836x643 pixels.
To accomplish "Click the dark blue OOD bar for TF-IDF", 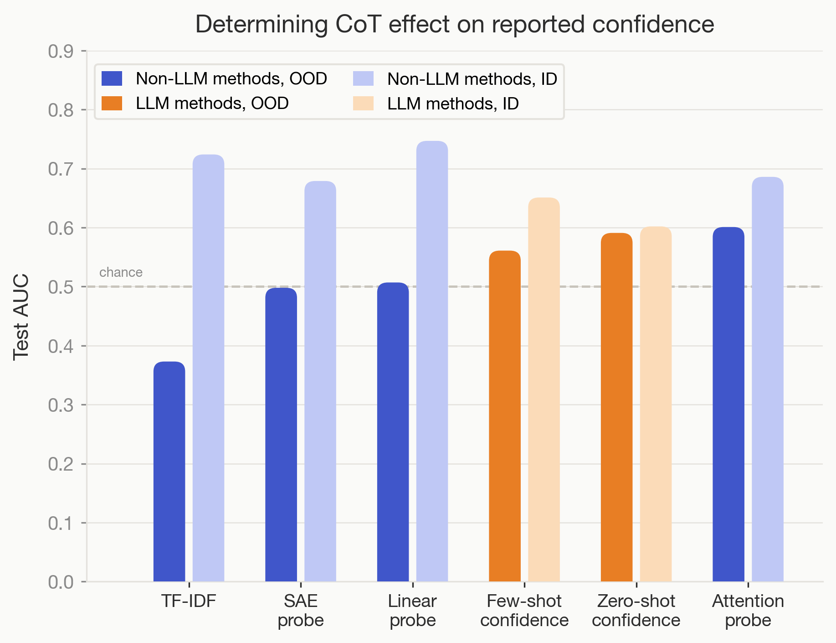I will click(x=169, y=472).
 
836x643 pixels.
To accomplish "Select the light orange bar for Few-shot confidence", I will click(x=544, y=389).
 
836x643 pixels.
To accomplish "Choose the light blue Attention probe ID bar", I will click(x=768, y=379).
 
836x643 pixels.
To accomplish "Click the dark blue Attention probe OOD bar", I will click(x=728, y=404).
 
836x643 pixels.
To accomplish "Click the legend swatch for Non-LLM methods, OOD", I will click(x=112, y=78).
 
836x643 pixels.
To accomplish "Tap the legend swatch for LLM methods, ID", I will click(x=363, y=104).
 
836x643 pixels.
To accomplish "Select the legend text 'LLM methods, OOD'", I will click(x=212, y=104).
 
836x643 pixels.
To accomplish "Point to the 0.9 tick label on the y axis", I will click(x=61, y=52).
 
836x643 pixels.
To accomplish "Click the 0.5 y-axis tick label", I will click(x=61, y=287).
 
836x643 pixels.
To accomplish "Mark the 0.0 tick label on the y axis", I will click(x=61, y=582).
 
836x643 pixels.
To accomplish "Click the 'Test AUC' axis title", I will click(x=21, y=317).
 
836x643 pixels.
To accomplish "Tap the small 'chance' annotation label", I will click(x=121, y=272).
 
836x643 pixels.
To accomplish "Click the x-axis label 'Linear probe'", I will click(x=412, y=611).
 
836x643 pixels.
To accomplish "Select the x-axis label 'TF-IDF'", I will click(x=189, y=602).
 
